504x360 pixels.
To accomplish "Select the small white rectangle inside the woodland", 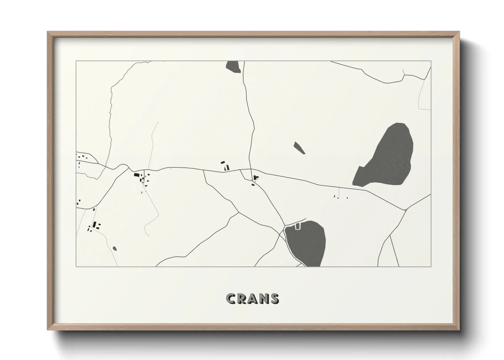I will coord(298,226).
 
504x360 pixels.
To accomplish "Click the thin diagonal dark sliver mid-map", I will coord(299,148).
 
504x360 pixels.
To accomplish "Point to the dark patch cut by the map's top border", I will coord(233,67).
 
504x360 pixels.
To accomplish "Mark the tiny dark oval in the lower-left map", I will coord(114,248).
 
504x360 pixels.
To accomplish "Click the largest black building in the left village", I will coord(137,175).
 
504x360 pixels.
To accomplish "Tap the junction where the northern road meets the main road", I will coord(251,169).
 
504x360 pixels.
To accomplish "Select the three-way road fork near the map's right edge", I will coord(405,210).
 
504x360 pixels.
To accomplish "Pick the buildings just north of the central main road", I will coord(225,166).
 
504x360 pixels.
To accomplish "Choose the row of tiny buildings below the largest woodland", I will coord(341,197).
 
